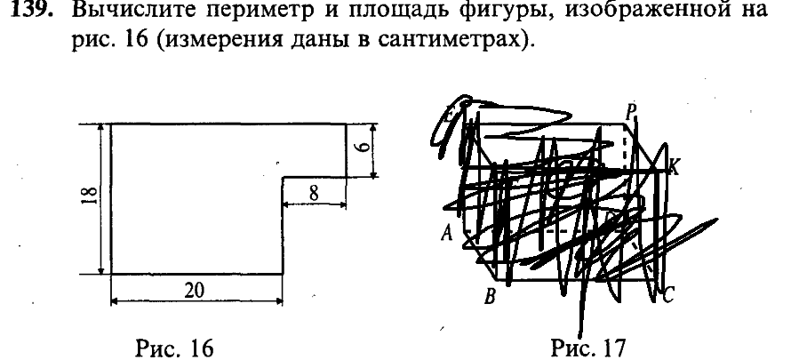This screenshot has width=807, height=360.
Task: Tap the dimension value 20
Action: click(x=197, y=291)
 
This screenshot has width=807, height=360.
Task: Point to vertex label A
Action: click(x=445, y=234)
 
